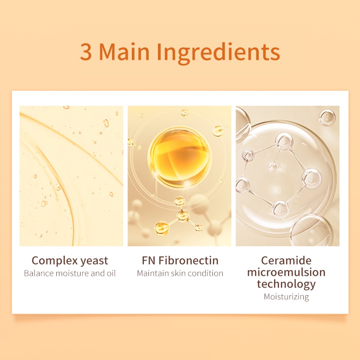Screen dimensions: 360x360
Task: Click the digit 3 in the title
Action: [86, 52]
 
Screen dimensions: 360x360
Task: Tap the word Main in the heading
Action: [124, 51]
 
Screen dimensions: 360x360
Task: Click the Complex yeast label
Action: [70, 261]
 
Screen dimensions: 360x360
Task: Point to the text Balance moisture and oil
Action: [70, 273]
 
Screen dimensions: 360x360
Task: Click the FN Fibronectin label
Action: [180, 261]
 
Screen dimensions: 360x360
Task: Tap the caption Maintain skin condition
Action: [180, 273]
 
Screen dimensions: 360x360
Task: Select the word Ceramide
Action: [286, 261]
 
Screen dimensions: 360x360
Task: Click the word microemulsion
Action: [286, 272]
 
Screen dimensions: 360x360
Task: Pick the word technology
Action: [286, 284]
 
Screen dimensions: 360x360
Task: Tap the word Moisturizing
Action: [286, 297]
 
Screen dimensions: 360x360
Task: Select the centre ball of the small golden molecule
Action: [183, 216]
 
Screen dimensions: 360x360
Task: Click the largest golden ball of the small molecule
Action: [162, 228]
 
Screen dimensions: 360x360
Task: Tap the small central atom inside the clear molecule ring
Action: [273, 167]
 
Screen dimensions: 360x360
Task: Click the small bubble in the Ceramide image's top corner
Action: [327, 117]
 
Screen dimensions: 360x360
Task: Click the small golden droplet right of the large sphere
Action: [218, 131]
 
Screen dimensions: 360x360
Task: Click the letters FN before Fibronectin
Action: [148, 261]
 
